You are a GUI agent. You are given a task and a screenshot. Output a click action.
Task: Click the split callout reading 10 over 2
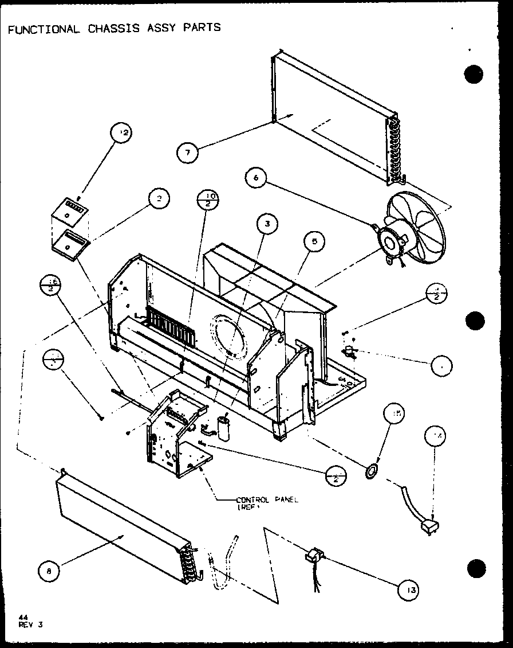207,201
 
